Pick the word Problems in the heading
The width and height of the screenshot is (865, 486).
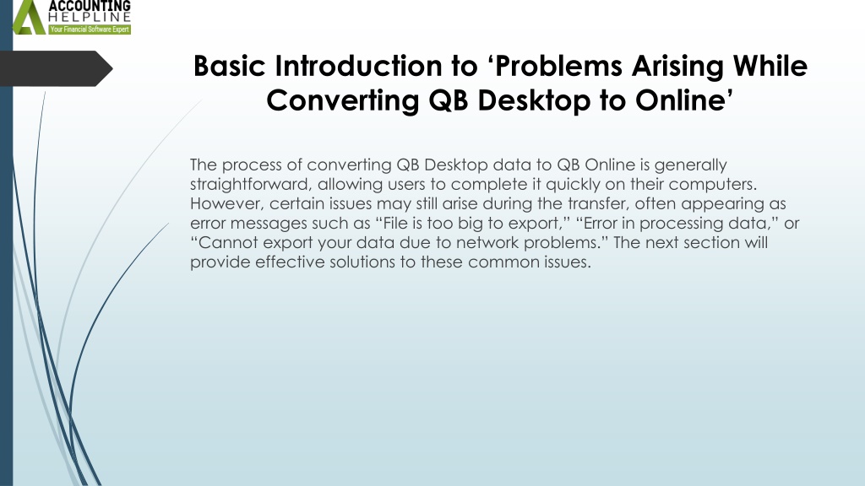point(559,66)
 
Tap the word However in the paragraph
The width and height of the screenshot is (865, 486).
point(227,204)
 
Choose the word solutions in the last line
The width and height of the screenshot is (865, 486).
point(362,262)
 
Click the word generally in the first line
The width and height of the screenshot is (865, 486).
point(691,165)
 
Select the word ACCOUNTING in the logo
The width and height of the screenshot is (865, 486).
point(90,6)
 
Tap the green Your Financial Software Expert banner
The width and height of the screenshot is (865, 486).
point(90,30)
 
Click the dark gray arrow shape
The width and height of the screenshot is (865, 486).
point(56,68)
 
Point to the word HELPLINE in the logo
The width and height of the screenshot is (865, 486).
point(90,17)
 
